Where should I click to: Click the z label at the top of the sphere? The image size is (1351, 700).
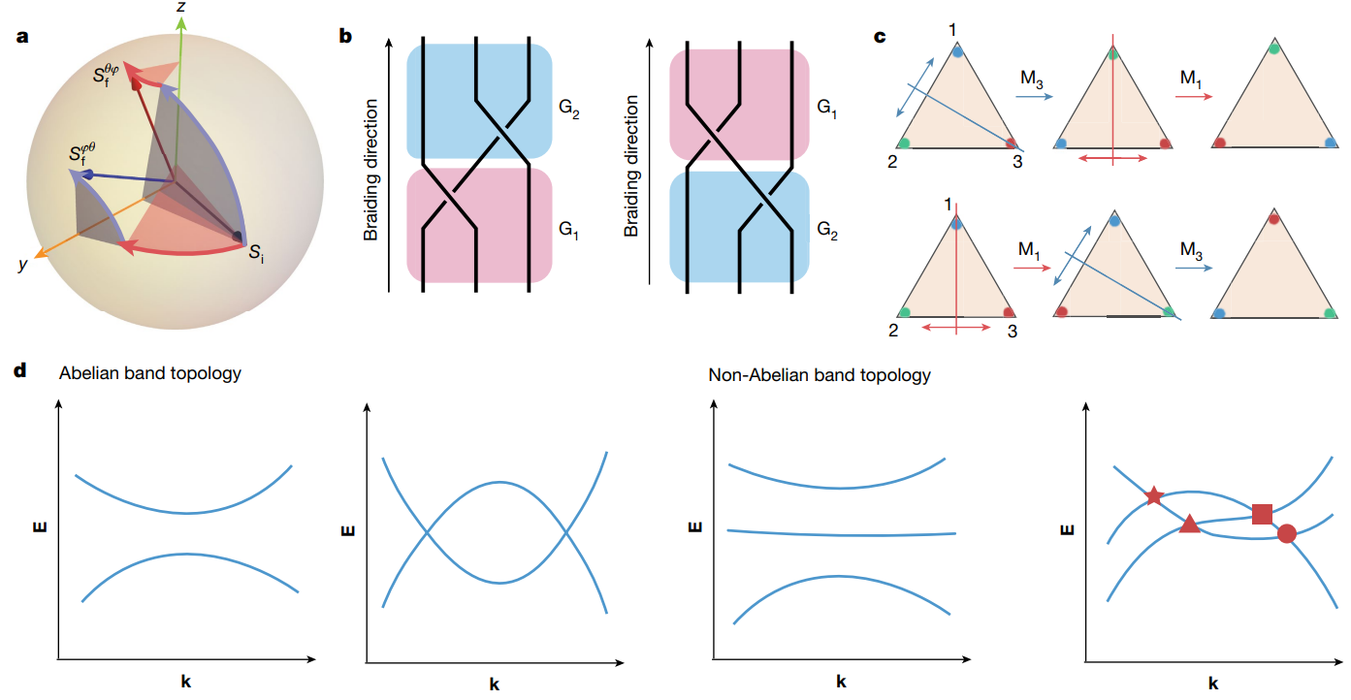click(x=181, y=8)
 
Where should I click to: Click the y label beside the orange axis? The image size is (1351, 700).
click(x=21, y=264)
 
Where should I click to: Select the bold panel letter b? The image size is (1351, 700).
click(x=344, y=38)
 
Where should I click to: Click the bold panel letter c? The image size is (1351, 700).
click(x=880, y=38)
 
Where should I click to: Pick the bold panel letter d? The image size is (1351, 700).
click(x=21, y=371)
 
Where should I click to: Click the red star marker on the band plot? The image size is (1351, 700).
click(x=1153, y=496)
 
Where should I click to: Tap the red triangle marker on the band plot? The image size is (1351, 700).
click(x=1190, y=525)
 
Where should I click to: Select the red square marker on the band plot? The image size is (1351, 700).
click(x=1262, y=514)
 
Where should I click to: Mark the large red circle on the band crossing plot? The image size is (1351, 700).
click(x=1287, y=532)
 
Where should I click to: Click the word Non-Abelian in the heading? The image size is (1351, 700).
click(x=752, y=375)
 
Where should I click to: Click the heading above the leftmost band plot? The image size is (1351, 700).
click(x=150, y=372)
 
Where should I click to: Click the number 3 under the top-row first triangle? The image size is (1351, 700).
click(x=1016, y=162)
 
